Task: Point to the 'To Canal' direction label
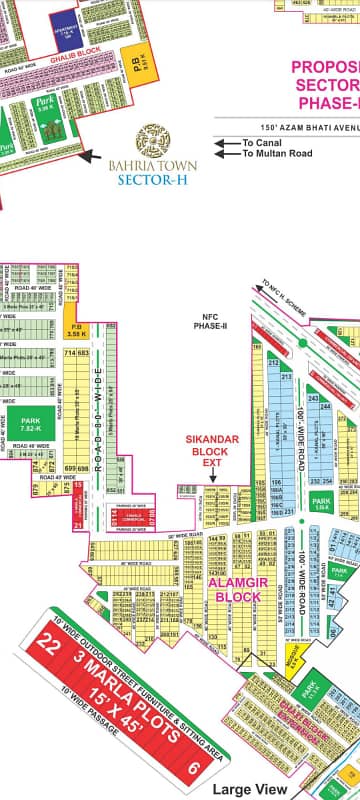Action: click(x=262, y=143)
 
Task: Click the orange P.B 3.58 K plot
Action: click(x=71, y=332)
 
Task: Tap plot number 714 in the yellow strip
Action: click(x=70, y=353)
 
